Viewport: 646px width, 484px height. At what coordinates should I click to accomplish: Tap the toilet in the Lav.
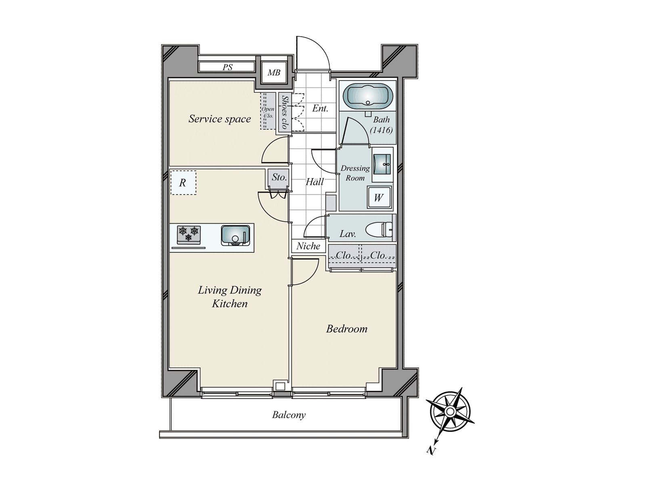coord(380,230)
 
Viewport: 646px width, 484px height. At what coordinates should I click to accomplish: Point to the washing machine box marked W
coord(379,198)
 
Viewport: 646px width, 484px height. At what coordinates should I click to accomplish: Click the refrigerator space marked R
coord(183,183)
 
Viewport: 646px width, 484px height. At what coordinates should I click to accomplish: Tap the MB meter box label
coord(274,73)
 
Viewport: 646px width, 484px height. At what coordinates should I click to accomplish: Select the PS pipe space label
coord(227,67)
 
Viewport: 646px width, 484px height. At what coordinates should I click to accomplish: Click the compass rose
coord(450,412)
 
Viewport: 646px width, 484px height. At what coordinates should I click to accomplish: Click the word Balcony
coord(289,415)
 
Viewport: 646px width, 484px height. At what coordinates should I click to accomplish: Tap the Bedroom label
coord(347,329)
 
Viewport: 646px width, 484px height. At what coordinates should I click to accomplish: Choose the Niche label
coord(308,246)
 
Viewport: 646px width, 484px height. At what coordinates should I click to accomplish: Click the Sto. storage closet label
coord(279,177)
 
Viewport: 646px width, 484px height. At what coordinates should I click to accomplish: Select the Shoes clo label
coord(285,112)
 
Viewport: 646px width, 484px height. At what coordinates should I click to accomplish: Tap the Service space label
coord(220,119)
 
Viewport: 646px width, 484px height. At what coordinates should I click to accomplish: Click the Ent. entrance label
coord(320,108)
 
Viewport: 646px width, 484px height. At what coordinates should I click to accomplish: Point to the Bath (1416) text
coord(382,125)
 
